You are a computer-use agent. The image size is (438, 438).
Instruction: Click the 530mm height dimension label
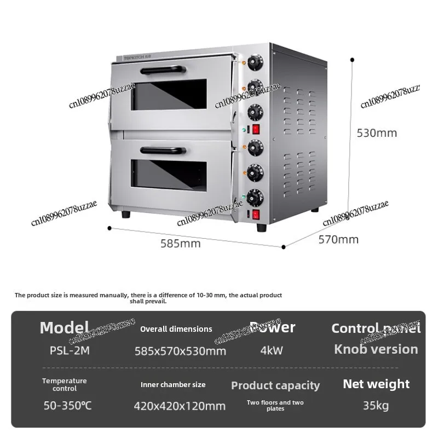[x=377, y=132]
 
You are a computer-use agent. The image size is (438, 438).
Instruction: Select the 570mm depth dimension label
[x=338, y=239]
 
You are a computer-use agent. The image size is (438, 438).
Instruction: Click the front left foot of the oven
[x=126, y=214]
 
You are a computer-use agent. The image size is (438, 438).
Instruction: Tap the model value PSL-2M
[x=65, y=351]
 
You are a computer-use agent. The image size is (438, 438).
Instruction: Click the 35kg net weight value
[x=376, y=406]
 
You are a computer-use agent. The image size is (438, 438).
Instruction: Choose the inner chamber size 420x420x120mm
[x=180, y=406]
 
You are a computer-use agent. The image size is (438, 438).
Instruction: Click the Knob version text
[x=376, y=349]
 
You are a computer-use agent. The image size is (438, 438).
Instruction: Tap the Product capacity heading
[x=275, y=385]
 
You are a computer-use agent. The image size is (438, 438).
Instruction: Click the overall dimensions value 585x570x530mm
[x=180, y=351]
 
